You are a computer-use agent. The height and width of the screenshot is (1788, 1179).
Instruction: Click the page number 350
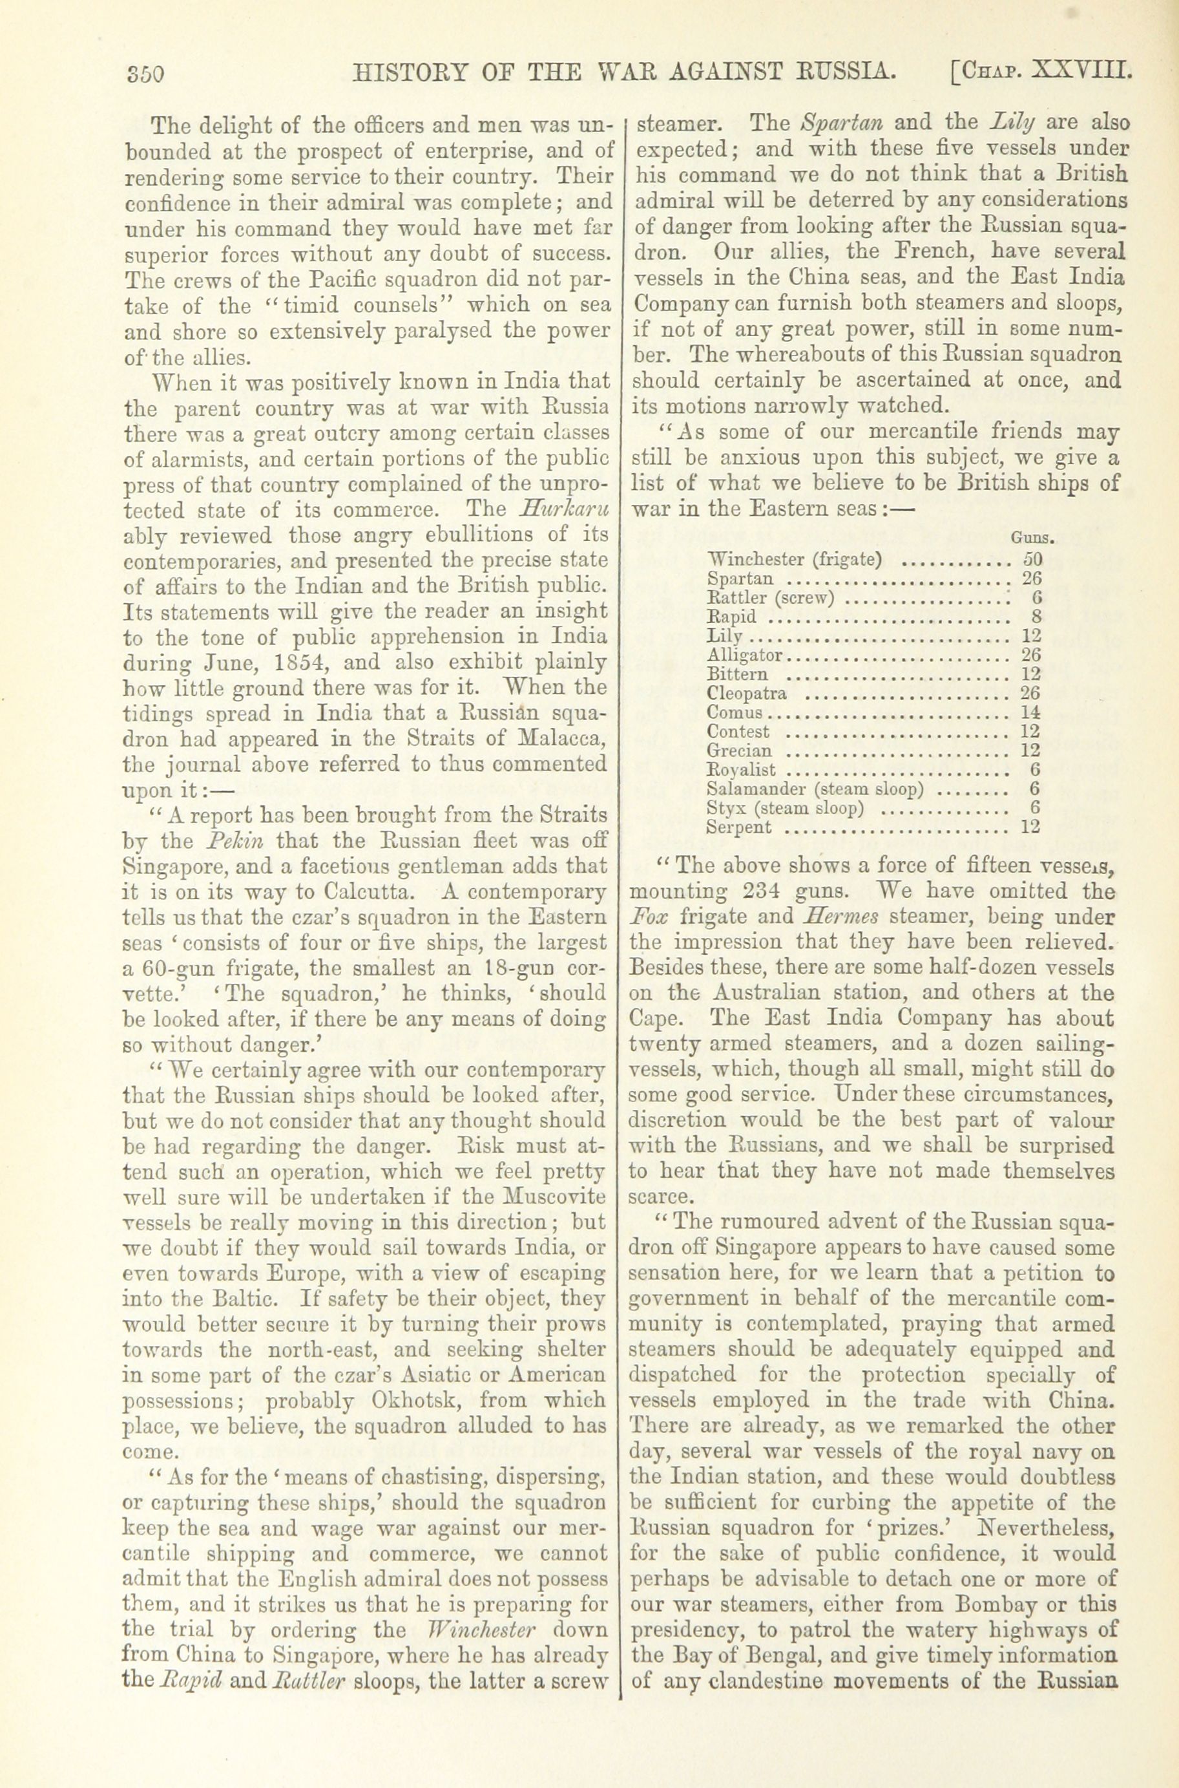pos(143,74)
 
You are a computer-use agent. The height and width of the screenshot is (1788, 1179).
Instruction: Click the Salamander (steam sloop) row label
pos(816,789)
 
